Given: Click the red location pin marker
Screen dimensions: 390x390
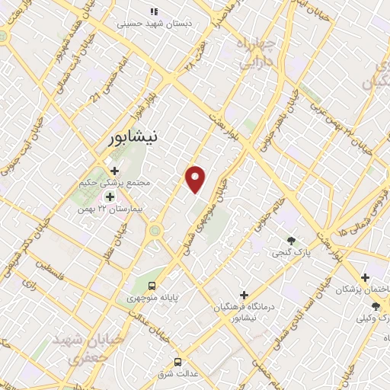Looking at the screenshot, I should (x=196, y=178).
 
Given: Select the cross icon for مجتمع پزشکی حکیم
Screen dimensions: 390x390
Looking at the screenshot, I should (x=114, y=171).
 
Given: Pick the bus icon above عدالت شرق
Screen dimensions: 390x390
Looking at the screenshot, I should (x=177, y=361).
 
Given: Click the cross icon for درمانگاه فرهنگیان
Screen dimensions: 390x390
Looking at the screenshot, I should (x=244, y=294).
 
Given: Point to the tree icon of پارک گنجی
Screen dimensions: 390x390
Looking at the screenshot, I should (x=292, y=239).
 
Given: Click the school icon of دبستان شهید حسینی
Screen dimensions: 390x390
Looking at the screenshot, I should (x=154, y=11).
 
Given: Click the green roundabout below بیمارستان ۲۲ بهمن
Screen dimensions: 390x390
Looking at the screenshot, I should (x=155, y=229).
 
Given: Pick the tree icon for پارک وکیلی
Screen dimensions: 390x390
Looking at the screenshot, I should (x=376, y=306).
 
